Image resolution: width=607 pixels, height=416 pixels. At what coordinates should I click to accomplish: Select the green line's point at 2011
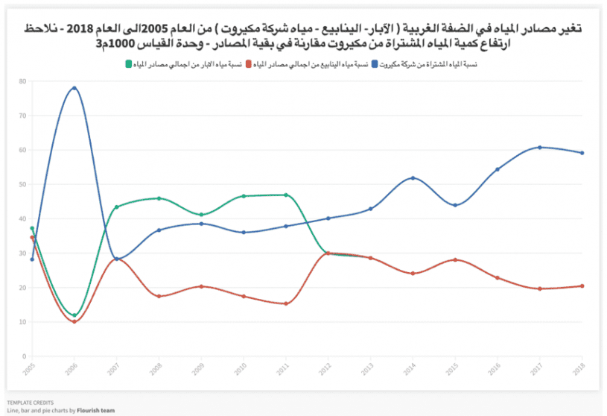[x=286, y=195]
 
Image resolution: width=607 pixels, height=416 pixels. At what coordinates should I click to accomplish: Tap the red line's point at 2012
[x=328, y=253]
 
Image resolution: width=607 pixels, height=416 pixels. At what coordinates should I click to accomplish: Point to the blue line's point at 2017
[x=539, y=148]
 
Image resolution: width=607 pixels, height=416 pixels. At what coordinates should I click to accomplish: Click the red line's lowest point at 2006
[x=74, y=321]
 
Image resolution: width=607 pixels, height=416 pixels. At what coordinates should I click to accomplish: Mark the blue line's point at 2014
[x=413, y=178]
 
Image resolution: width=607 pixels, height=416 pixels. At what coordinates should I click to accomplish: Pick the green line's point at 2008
[x=159, y=198]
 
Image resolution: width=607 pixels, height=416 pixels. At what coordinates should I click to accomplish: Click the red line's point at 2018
[x=582, y=286]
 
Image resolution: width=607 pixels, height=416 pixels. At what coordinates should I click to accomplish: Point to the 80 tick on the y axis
[x=23, y=81]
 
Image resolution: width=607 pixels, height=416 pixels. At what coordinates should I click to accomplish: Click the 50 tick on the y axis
[x=23, y=184]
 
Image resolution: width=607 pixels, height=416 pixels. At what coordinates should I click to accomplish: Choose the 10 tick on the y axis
[x=23, y=322]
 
